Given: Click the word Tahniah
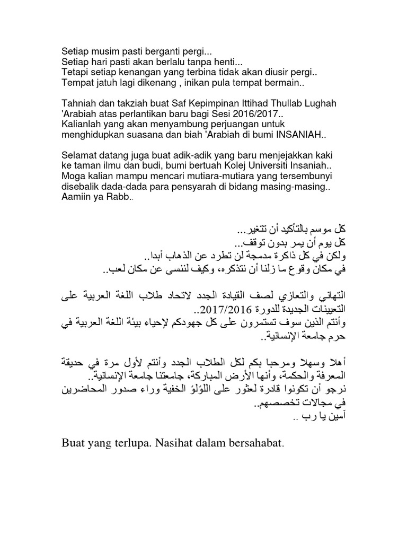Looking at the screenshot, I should point(79,103).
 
